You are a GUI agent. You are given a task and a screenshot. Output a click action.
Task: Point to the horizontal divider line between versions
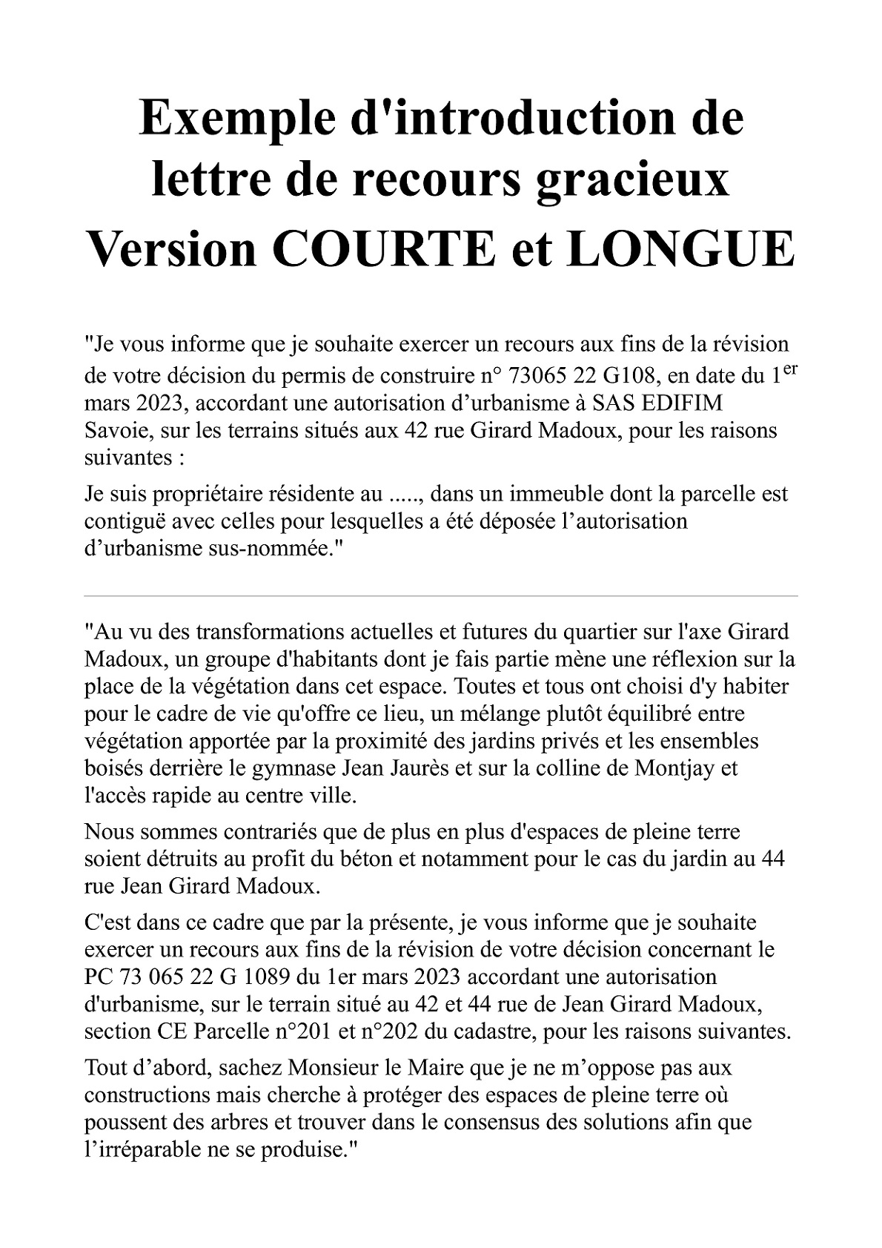click(441, 595)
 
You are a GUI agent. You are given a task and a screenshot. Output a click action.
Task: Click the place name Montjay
click(675, 768)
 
